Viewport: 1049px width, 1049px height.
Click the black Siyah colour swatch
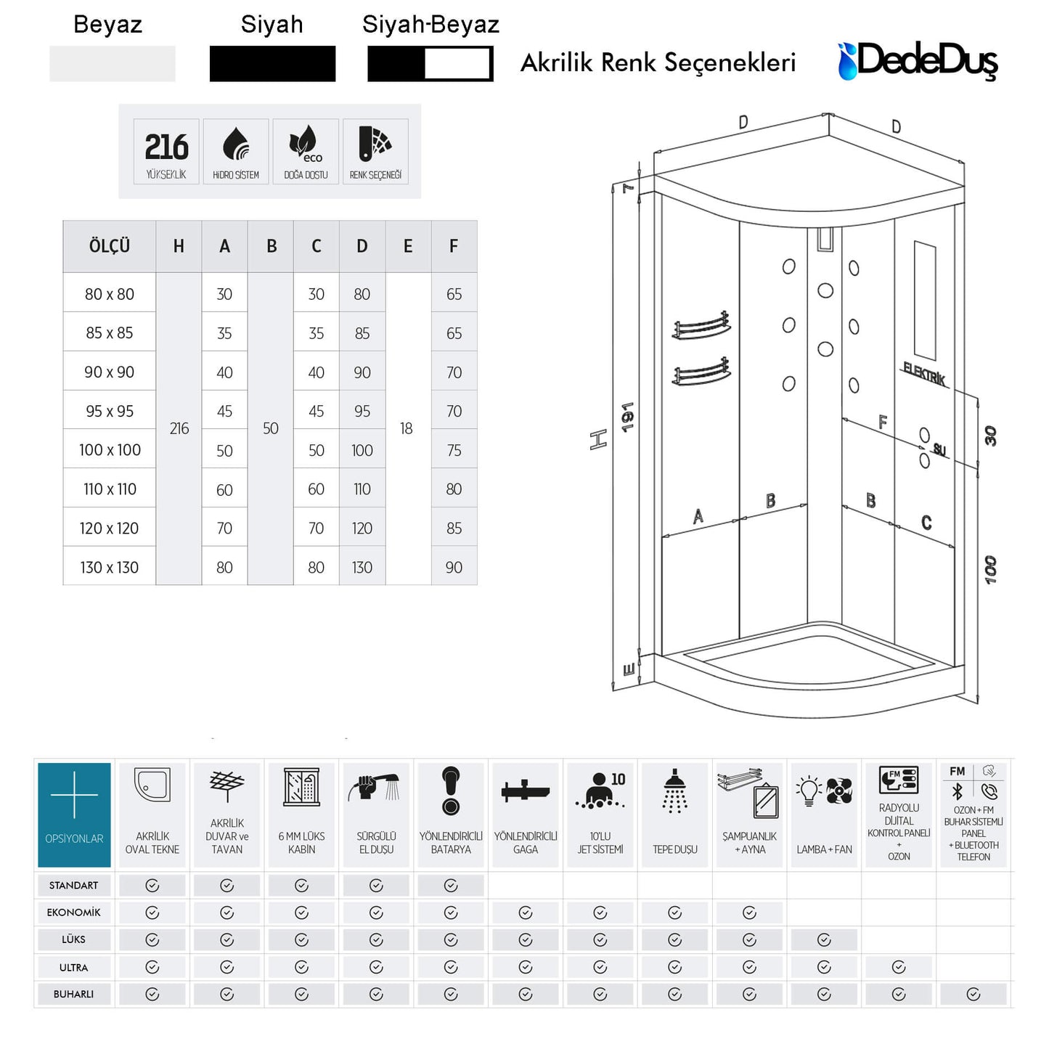[272, 64]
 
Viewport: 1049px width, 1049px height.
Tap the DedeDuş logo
[918, 61]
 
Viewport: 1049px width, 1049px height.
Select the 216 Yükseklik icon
[166, 152]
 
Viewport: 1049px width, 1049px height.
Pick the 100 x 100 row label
[110, 450]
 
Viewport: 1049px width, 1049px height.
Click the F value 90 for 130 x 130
[454, 567]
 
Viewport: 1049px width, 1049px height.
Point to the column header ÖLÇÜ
[110, 246]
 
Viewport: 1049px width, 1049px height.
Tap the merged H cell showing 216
[179, 428]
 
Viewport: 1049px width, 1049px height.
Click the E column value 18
[407, 428]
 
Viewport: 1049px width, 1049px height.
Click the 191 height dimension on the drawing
[628, 417]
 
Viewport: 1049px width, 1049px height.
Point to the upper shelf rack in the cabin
[701, 326]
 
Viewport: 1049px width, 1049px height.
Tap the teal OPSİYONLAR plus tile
[74, 815]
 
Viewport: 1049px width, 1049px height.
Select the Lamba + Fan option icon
[824, 791]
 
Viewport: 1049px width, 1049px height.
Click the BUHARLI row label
[73, 994]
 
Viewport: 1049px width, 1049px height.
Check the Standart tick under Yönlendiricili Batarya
[451, 885]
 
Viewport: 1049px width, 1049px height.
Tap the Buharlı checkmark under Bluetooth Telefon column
[974, 994]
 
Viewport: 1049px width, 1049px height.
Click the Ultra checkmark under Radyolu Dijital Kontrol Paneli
[899, 967]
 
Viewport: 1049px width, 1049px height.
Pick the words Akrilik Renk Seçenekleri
[658, 62]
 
